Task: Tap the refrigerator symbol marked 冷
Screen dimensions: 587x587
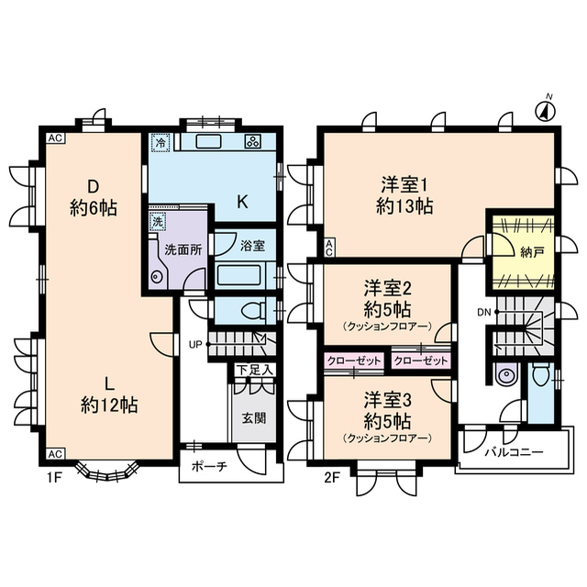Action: [161, 142]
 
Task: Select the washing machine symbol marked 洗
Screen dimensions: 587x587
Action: [158, 222]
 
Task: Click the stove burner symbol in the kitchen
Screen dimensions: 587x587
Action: [253, 142]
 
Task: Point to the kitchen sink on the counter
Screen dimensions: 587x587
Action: [209, 142]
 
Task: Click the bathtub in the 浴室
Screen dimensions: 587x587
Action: [240, 275]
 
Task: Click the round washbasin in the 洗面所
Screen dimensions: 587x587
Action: [156, 277]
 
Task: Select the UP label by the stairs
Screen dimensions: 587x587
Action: [195, 345]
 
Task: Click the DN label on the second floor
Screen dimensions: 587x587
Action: [484, 312]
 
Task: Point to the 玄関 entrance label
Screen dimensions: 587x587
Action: [253, 418]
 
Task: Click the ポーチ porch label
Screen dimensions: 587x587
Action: [210, 466]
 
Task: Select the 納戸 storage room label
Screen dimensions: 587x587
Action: [532, 253]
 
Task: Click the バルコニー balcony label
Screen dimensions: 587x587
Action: [514, 452]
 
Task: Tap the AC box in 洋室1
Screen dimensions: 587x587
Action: [328, 249]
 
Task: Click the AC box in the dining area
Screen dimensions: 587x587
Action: [55, 138]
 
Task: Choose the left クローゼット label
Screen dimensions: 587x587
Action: [354, 360]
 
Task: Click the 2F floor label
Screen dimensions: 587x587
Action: [331, 478]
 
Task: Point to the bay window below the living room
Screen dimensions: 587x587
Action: [107, 473]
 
